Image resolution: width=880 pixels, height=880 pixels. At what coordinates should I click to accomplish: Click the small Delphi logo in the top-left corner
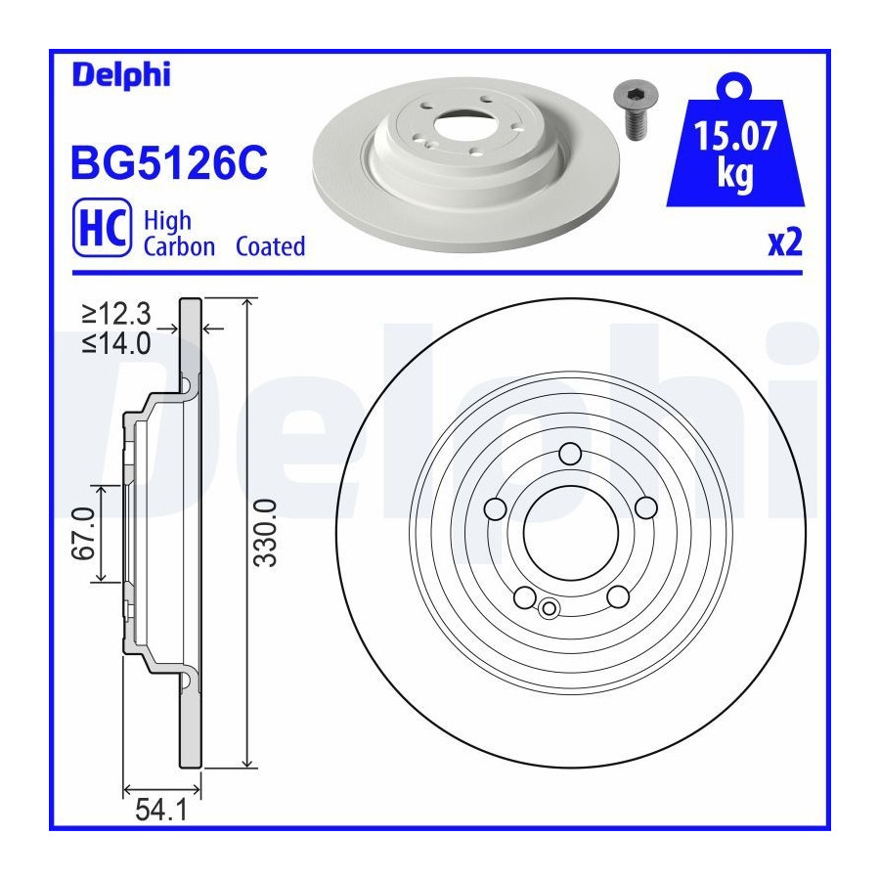(x=121, y=75)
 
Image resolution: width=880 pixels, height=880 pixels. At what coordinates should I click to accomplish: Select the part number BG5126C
(x=169, y=163)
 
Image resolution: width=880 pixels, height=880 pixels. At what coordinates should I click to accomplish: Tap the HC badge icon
(x=102, y=227)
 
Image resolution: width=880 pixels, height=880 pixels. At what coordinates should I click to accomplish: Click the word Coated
(x=271, y=246)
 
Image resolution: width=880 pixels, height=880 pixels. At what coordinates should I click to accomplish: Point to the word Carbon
(x=179, y=247)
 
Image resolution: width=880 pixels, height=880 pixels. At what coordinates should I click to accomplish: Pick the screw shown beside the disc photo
(x=636, y=110)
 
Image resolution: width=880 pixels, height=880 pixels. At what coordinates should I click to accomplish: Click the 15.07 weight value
(x=735, y=136)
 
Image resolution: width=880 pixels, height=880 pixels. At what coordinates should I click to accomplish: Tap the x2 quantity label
(x=785, y=243)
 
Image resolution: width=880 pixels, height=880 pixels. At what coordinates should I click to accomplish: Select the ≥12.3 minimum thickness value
(x=116, y=314)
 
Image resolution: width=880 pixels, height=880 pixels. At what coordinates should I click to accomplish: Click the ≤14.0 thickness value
(x=116, y=343)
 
